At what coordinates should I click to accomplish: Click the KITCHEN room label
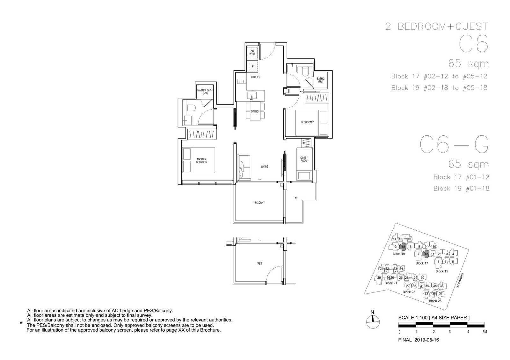pyautogui.click(x=255, y=77)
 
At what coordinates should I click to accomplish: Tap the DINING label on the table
pyautogui.click(x=255, y=112)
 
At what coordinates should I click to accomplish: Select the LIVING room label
pyautogui.click(x=265, y=167)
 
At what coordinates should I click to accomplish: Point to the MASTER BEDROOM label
pyautogui.click(x=201, y=161)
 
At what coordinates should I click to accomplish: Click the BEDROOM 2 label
pyautogui.click(x=307, y=122)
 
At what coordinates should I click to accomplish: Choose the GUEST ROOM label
pyautogui.click(x=304, y=159)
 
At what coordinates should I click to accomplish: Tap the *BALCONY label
pyautogui.click(x=259, y=203)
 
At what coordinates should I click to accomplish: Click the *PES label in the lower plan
pyautogui.click(x=259, y=263)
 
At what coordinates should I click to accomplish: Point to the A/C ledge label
pyautogui.click(x=296, y=198)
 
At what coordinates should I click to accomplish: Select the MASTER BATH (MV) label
pyautogui.click(x=205, y=92)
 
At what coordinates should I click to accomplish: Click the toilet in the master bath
pyautogui.click(x=191, y=108)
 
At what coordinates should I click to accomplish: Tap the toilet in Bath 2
pyautogui.click(x=305, y=71)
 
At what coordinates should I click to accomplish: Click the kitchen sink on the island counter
pyautogui.click(x=251, y=96)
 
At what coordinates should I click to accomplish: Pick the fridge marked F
pyautogui.click(x=252, y=67)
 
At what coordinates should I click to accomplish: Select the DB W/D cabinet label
pyautogui.click(x=252, y=53)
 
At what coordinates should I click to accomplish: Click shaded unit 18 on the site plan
pyautogui.click(x=403, y=247)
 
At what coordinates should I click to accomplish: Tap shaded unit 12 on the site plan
pyautogui.click(x=426, y=254)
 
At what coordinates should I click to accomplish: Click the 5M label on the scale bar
pyautogui.click(x=484, y=332)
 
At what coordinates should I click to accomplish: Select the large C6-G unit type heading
pyautogui.click(x=454, y=145)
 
